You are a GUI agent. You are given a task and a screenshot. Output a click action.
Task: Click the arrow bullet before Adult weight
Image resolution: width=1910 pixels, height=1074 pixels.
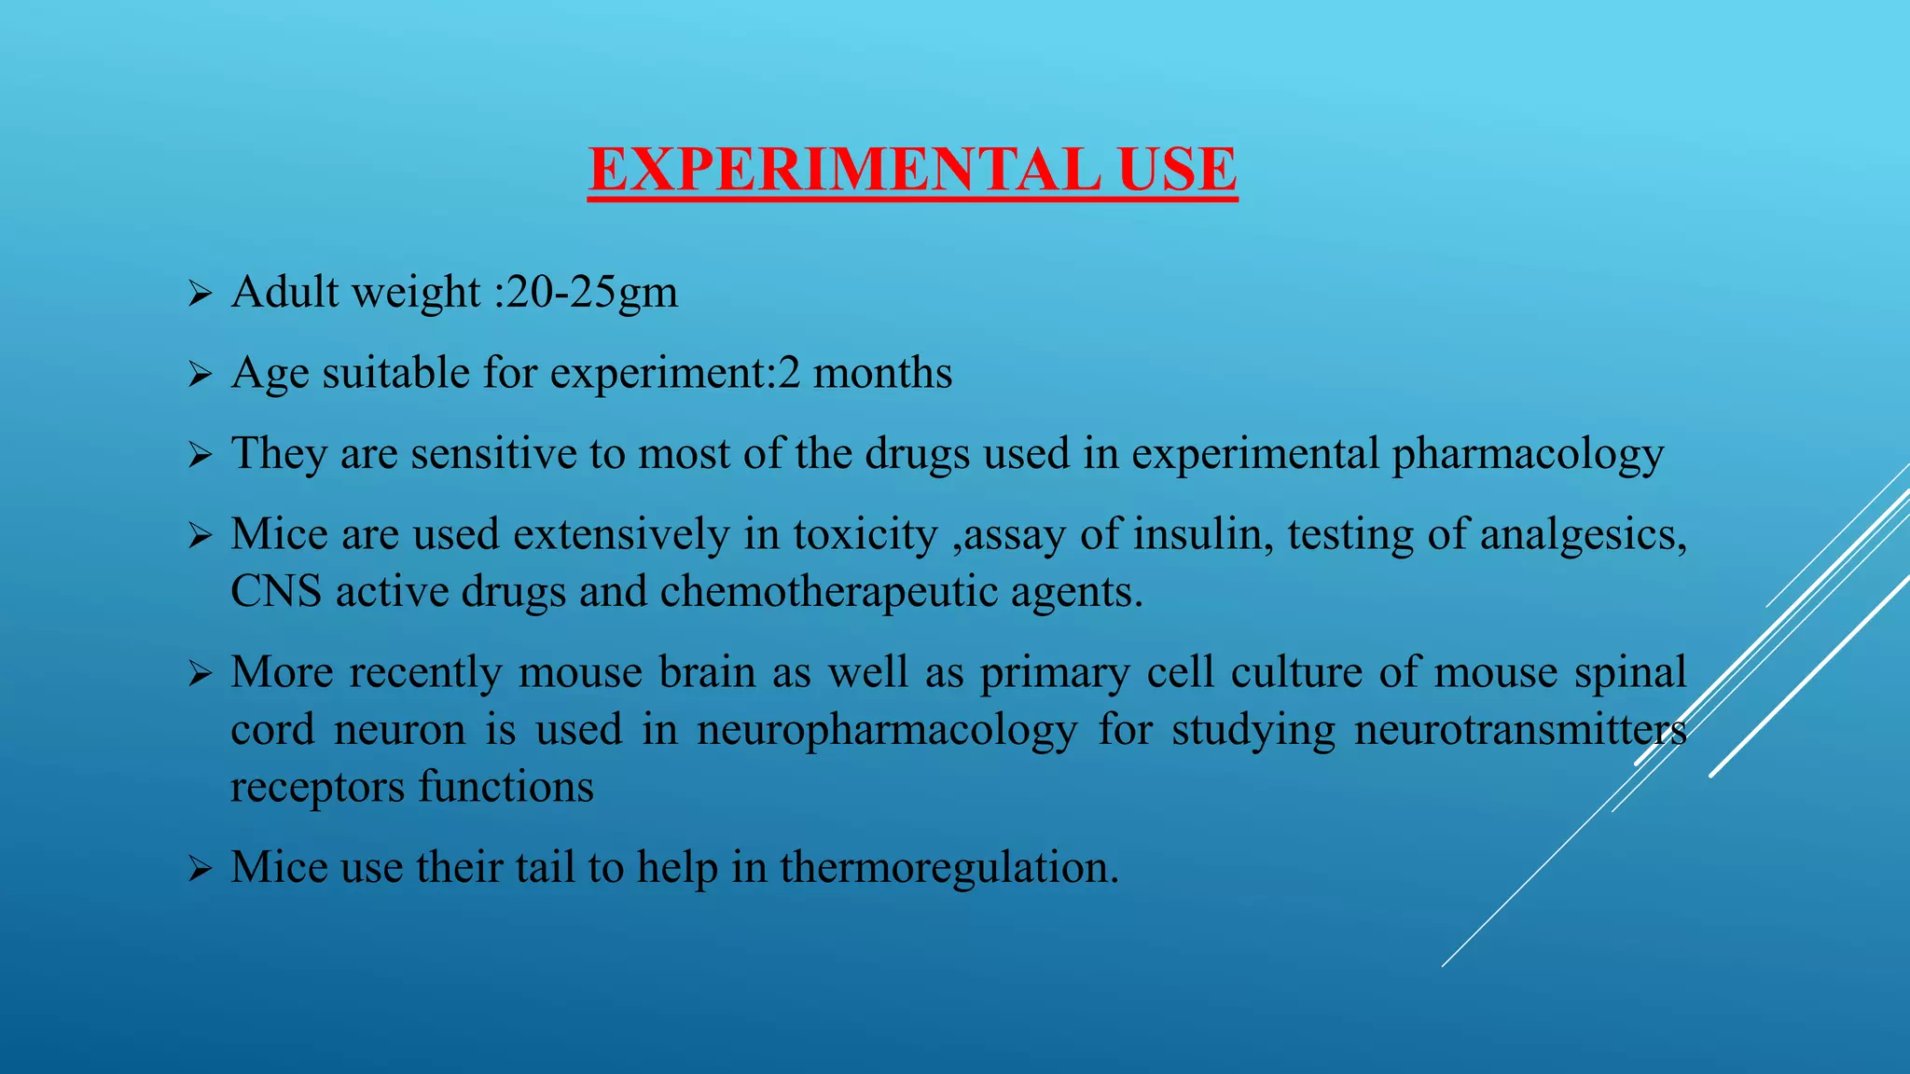[x=200, y=296]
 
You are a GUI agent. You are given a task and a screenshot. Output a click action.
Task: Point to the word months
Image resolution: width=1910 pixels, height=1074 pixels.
[x=882, y=373]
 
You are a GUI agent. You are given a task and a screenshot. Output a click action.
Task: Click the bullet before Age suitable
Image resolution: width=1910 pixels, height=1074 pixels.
[x=200, y=376]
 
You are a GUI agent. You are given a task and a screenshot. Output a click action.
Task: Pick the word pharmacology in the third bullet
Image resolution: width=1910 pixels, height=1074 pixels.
[x=1528, y=455]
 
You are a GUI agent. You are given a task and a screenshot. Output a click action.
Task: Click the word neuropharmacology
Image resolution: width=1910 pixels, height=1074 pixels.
[x=887, y=730]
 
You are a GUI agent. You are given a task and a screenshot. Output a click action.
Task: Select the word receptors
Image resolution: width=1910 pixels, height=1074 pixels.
[x=317, y=788]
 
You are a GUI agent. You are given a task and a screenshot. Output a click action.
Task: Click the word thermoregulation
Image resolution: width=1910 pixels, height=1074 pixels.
[x=948, y=868]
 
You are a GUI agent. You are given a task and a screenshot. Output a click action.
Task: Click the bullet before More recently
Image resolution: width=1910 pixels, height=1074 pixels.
[x=200, y=674]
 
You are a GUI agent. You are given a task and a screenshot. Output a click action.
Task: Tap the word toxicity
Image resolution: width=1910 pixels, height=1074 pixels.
[x=865, y=535]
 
